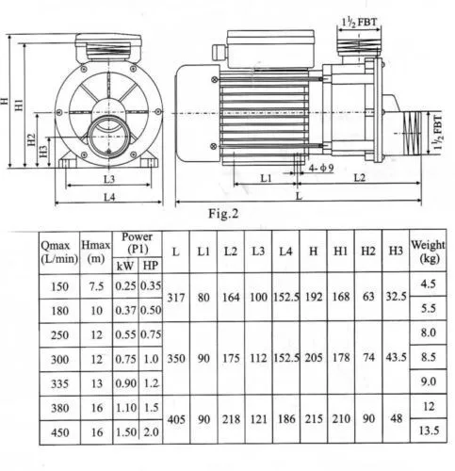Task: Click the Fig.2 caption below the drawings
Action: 222,213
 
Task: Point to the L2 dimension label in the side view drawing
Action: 359,177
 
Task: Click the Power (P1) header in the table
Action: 136,242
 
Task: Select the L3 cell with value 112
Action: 258,358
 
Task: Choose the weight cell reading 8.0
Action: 428,333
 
